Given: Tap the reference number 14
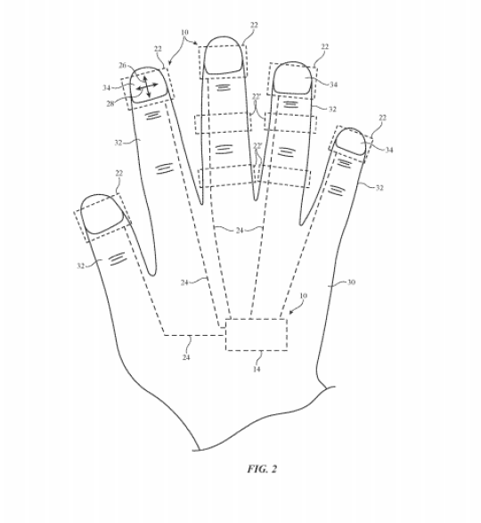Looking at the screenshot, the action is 257,369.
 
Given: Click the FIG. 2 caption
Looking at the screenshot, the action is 262,469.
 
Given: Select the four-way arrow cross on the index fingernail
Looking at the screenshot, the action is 147,87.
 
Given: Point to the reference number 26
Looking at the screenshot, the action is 123,65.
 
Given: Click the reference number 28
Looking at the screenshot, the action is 110,103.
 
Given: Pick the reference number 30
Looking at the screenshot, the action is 351,282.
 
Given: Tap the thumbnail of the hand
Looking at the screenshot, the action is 102,214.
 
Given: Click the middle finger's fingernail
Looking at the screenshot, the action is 223,55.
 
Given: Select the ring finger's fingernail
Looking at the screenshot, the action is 292,78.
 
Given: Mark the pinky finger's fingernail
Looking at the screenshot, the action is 351,142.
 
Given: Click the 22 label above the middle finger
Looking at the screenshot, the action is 254,25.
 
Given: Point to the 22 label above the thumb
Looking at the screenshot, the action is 119,173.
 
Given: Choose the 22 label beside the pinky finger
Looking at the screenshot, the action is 383,118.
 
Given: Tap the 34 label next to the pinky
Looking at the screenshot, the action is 389,150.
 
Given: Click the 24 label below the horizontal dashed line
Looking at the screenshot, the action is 186,357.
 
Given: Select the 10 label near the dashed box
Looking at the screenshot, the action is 304,296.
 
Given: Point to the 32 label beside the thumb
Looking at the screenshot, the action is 81,266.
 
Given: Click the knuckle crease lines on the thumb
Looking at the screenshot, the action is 118,259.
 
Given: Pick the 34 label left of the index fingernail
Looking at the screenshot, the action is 106,87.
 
